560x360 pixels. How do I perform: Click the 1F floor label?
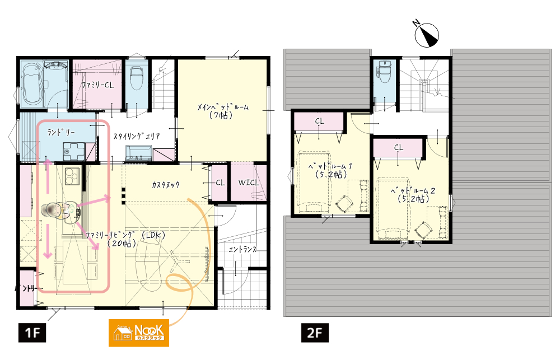point(32,333)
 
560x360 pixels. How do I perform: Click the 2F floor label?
point(315,333)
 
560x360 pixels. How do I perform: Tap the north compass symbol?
point(426,34)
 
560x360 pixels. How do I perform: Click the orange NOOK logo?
point(138,333)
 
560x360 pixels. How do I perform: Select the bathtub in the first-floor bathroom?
point(32,85)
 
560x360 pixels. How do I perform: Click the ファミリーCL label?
point(97,85)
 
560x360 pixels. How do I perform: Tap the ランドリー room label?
point(61,132)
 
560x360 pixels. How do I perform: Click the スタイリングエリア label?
point(137,136)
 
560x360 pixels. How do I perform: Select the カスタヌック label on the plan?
point(165,185)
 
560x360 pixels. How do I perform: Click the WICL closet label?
point(249,182)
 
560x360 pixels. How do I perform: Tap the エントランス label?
point(242,249)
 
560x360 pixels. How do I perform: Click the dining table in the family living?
point(76,262)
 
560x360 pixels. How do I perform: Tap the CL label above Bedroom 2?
point(399,147)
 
